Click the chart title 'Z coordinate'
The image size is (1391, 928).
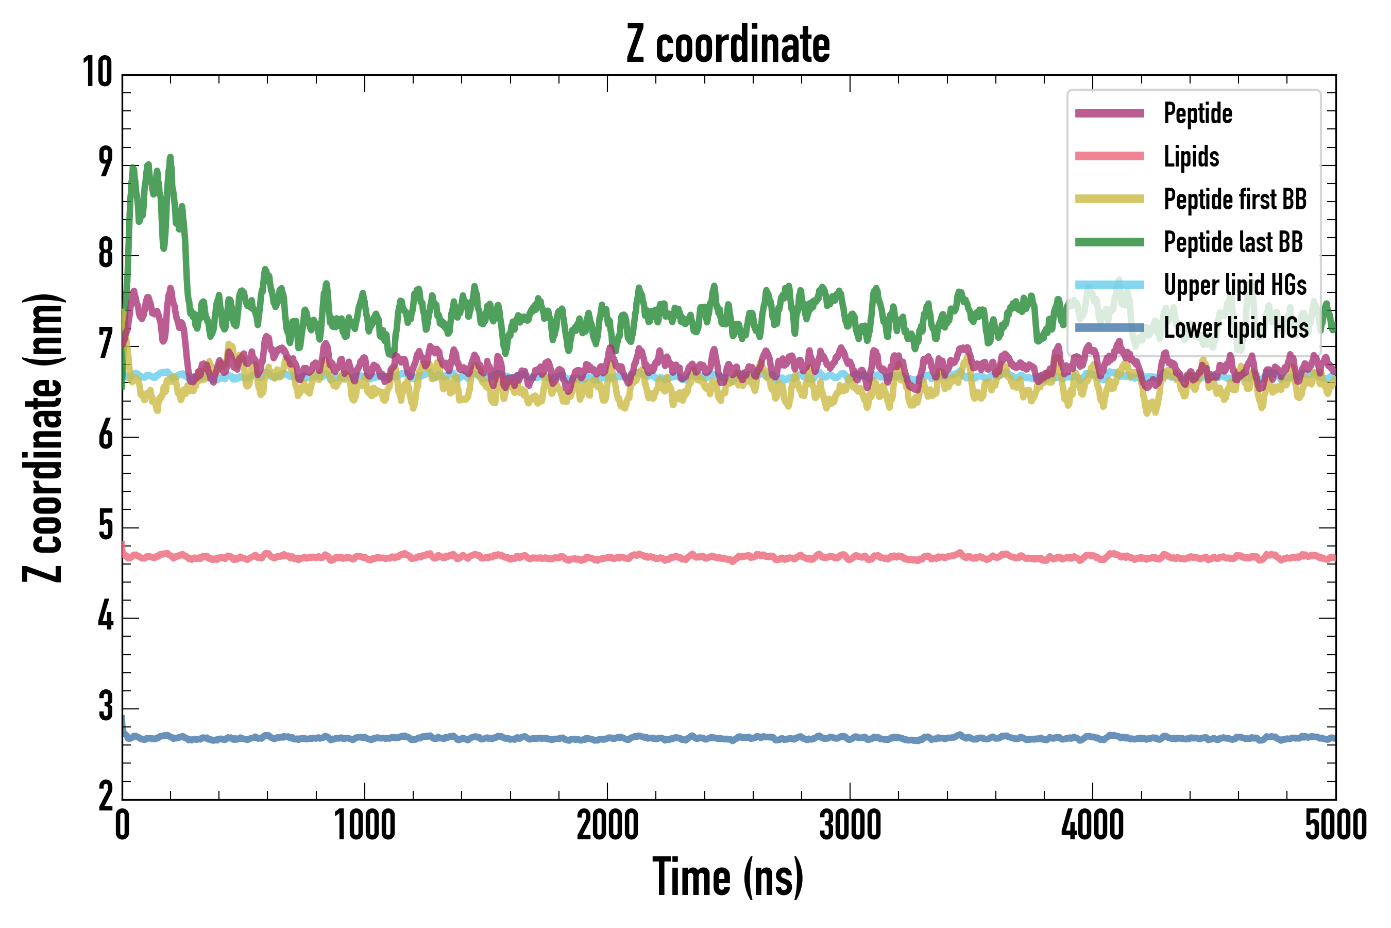pos(728,44)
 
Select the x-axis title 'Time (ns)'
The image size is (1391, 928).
pos(728,877)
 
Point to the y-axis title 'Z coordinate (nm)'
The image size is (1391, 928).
pos(43,438)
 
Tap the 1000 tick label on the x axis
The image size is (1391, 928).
pos(364,825)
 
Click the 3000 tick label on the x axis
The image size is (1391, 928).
pos(850,825)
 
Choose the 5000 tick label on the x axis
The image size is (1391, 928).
pos(1335,825)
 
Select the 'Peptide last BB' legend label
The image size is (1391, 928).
pos(1233,242)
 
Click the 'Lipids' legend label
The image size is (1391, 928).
pos(1191,157)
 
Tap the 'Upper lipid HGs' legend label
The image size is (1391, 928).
pos(1235,285)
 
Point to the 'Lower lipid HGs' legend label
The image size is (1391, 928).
pos(1236,328)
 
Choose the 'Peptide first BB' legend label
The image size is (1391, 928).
pos(1235,200)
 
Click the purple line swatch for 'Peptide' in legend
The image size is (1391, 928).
pos(1110,113)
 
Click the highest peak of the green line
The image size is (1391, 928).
pos(171,157)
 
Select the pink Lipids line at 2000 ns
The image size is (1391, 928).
pos(607,557)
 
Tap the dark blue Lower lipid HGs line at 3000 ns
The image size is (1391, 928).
pos(850,738)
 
